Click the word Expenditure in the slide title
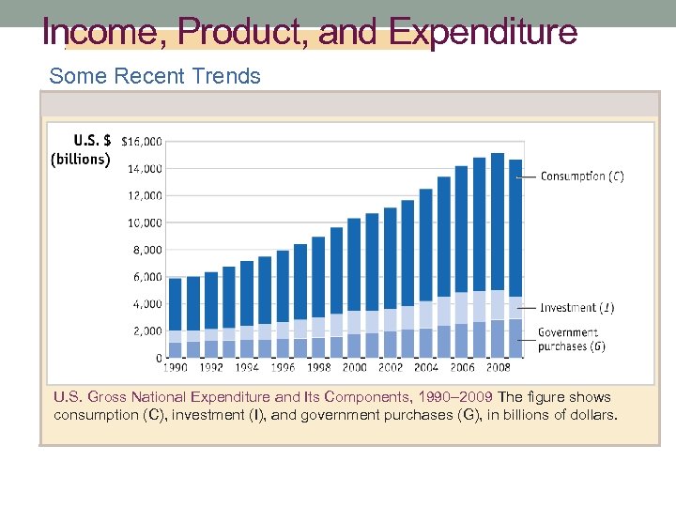[x=484, y=33]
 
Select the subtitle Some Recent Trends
[x=155, y=76]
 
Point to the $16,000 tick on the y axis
[x=142, y=142]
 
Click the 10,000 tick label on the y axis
[x=145, y=223]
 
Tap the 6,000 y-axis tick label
[x=147, y=277]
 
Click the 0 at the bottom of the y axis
[x=159, y=359]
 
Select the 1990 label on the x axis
[x=175, y=369]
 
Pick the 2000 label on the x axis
[x=354, y=369]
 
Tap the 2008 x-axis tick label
[x=498, y=369]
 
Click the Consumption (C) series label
[x=582, y=177]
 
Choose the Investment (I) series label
[x=577, y=308]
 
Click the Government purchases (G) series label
[x=570, y=339]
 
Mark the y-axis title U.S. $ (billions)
[x=81, y=150]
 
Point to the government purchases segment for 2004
[x=426, y=343]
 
